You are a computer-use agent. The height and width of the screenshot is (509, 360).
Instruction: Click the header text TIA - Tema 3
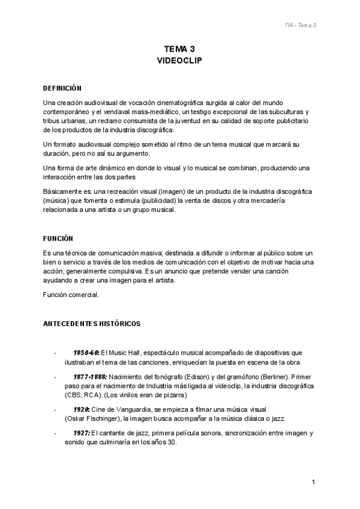tap(300, 25)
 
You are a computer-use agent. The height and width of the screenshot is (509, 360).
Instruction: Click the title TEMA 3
tap(179, 49)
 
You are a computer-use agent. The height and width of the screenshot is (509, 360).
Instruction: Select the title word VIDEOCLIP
tap(179, 61)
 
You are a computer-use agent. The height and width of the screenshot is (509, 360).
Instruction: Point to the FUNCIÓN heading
tap(58, 238)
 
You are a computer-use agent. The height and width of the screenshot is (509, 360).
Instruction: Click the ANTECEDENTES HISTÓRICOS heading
tap(92, 324)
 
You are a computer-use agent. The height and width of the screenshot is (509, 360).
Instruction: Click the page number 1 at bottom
tap(314, 482)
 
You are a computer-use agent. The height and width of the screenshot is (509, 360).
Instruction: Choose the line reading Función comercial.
tap(71, 295)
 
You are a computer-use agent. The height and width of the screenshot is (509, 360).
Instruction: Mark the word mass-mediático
tap(181, 112)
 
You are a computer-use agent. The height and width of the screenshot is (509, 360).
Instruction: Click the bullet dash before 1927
tap(55, 433)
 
